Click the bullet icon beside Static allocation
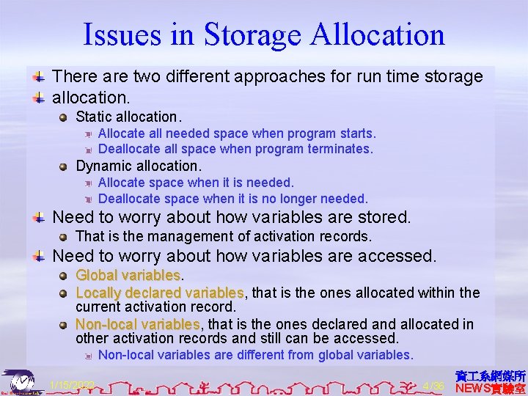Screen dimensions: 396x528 coord(65,117)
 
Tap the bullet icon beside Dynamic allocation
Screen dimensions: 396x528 coord(65,166)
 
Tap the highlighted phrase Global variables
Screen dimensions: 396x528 coord(128,276)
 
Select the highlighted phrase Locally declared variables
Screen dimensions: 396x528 coord(160,293)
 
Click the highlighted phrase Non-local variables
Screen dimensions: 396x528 coord(137,323)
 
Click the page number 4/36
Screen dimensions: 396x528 coord(434,385)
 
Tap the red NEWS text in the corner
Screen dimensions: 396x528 coord(474,388)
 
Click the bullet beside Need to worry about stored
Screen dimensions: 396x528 coord(41,218)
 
